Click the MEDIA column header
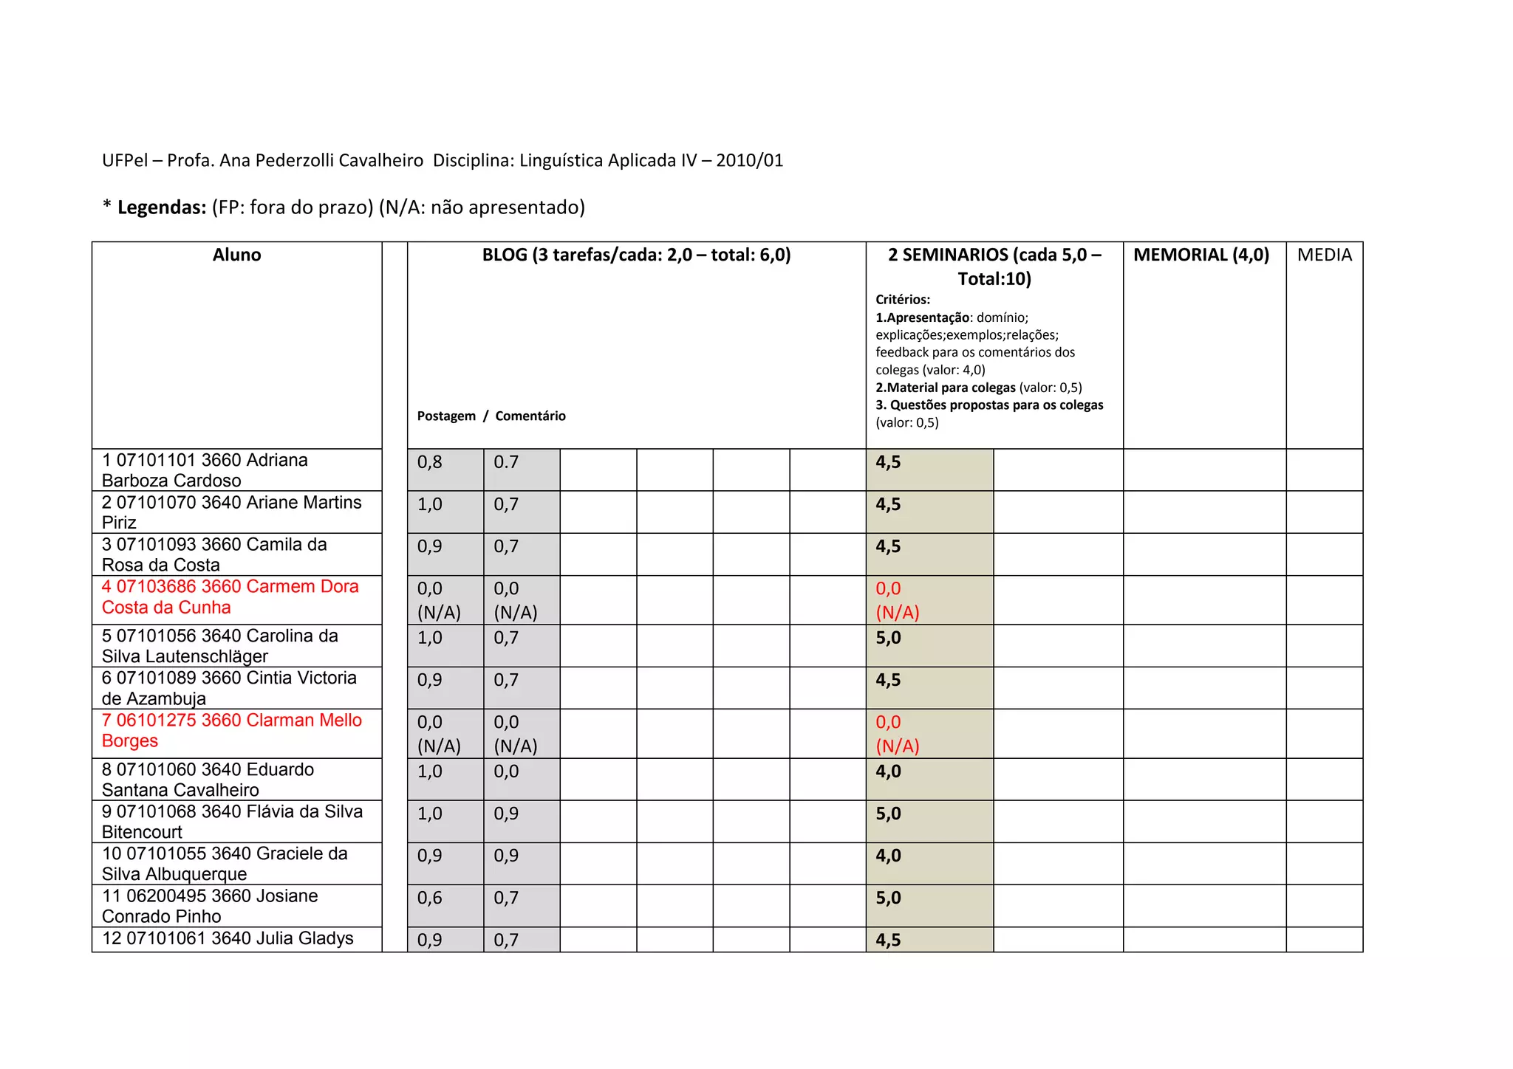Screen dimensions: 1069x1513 pos(1324,255)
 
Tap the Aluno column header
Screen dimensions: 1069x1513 pos(236,255)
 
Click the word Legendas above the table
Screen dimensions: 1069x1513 pos(161,207)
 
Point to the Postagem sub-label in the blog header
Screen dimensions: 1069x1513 pos(446,416)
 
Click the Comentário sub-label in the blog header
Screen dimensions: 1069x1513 pos(530,416)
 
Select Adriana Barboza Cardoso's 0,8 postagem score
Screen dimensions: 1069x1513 pos(430,463)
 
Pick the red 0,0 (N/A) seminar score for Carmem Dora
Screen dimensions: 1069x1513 pos(897,600)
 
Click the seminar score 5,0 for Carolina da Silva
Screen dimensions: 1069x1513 pos(888,638)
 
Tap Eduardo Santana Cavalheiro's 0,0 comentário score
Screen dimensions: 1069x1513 pos(506,771)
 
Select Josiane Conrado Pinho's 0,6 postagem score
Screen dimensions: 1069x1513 pos(430,898)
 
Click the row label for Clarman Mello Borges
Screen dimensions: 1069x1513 pos(231,730)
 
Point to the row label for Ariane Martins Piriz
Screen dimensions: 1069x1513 pos(231,512)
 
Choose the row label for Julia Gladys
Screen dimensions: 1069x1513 pos(228,938)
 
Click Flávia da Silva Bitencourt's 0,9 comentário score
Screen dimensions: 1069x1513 pos(506,814)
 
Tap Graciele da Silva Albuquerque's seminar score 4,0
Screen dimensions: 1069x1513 pos(888,856)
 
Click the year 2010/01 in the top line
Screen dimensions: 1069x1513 pos(749,161)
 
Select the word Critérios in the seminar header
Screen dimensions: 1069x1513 pos(903,300)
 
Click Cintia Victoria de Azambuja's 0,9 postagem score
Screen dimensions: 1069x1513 pos(430,680)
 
